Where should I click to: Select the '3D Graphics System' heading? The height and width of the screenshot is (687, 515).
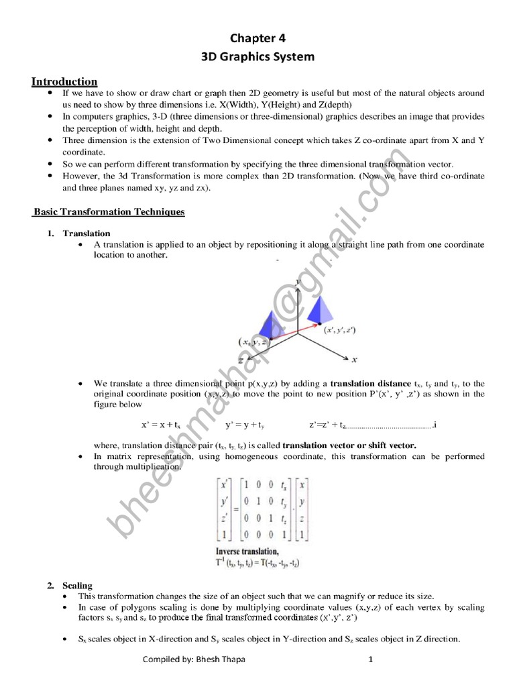click(x=257, y=57)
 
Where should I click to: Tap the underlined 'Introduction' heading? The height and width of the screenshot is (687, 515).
click(x=64, y=82)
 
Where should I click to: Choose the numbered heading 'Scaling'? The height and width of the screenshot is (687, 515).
click(x=77, y=586)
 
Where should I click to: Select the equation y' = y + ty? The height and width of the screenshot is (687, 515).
click(x=245, y=425)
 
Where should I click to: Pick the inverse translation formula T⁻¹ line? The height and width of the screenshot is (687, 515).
click(x=257, y=564)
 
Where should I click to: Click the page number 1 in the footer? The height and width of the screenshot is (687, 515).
click(x=369, y=659)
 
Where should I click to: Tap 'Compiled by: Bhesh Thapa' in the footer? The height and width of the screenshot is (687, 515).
click(x=194, y=659)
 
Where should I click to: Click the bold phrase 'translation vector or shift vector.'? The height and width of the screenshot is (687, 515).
click(x=349, y=445)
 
